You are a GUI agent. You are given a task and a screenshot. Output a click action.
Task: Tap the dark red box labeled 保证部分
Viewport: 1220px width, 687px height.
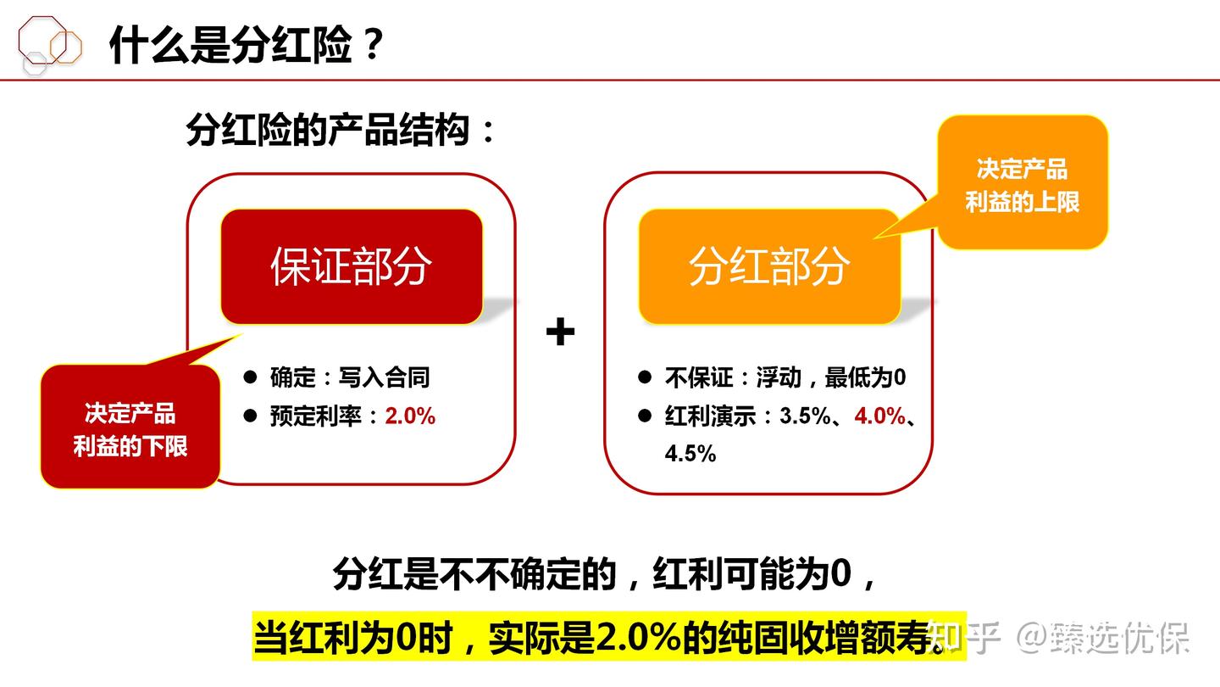coord(351,266)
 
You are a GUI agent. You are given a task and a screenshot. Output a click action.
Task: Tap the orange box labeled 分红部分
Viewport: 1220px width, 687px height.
coord(768,266)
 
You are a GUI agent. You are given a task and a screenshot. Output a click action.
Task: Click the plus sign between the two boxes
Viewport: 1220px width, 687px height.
coord(560,332)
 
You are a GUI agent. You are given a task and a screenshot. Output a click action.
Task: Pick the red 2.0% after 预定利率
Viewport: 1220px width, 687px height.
coord(410,416)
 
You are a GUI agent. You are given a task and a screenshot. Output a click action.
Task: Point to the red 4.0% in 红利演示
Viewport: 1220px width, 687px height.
coord(879,416)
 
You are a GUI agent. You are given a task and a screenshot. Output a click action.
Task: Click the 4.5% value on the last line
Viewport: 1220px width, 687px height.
coord(690,454)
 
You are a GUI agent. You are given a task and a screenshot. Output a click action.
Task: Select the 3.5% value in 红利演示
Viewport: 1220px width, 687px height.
coord(805,416)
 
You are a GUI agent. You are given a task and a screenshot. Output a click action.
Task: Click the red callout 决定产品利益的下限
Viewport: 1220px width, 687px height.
coord(130,429)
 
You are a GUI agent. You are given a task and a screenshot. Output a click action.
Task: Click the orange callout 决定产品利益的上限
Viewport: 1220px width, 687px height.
coord(1023,185)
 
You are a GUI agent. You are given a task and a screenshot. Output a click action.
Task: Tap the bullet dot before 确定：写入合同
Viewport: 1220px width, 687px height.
coord(250,377)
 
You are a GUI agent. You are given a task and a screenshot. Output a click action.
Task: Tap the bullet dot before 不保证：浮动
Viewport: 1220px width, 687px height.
coord(645,377)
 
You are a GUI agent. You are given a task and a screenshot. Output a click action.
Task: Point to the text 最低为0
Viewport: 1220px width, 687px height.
coord(865,377)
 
